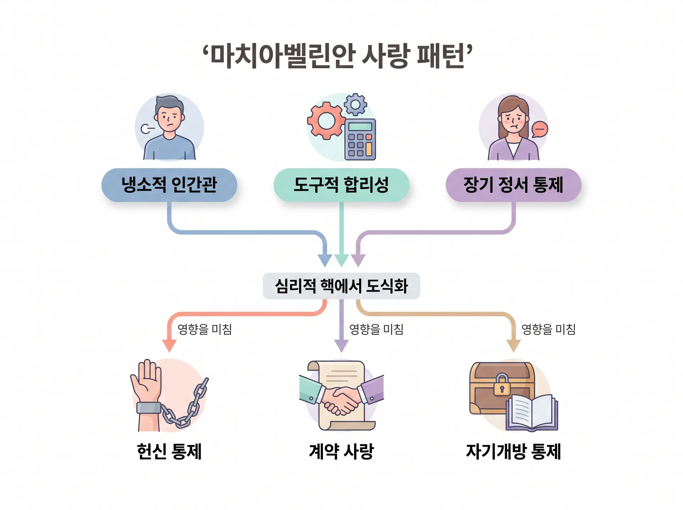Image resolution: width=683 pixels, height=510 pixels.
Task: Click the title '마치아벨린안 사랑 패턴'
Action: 338,56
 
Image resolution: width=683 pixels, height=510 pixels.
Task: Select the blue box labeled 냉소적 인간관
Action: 169,185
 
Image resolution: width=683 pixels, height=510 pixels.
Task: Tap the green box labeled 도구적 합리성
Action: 341,185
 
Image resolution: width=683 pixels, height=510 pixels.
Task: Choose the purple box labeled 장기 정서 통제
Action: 513,185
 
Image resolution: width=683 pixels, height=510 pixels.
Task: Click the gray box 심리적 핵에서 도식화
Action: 341,286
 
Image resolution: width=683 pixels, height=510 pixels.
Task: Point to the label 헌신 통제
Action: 169,452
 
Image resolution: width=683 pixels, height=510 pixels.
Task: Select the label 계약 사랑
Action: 341,452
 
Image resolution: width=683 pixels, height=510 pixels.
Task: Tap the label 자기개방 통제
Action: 513,452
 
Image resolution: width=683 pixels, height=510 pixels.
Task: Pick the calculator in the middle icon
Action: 360,139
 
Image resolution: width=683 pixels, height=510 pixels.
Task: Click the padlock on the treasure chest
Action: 502,384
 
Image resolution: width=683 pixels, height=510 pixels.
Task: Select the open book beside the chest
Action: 532,413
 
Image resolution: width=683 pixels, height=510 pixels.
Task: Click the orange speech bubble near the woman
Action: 540,129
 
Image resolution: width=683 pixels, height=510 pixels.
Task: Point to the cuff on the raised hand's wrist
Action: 149,408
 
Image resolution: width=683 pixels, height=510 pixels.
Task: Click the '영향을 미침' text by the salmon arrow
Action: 205,329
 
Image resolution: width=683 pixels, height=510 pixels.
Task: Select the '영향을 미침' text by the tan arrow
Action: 548,329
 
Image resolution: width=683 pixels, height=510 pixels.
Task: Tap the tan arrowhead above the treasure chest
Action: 513,346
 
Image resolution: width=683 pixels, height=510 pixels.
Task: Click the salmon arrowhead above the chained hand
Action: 169,346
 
